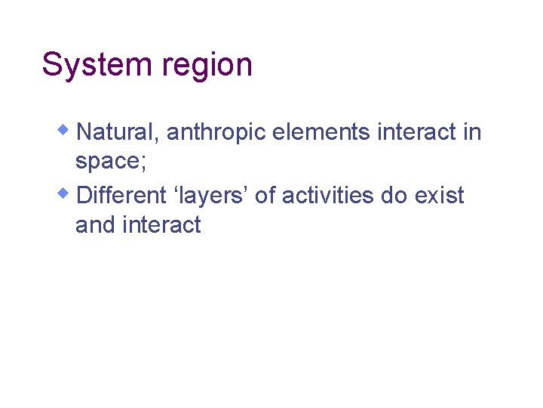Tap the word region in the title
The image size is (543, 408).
point(206,66)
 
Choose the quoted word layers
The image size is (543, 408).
point(219,196)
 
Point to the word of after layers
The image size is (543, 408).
point(265,196)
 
